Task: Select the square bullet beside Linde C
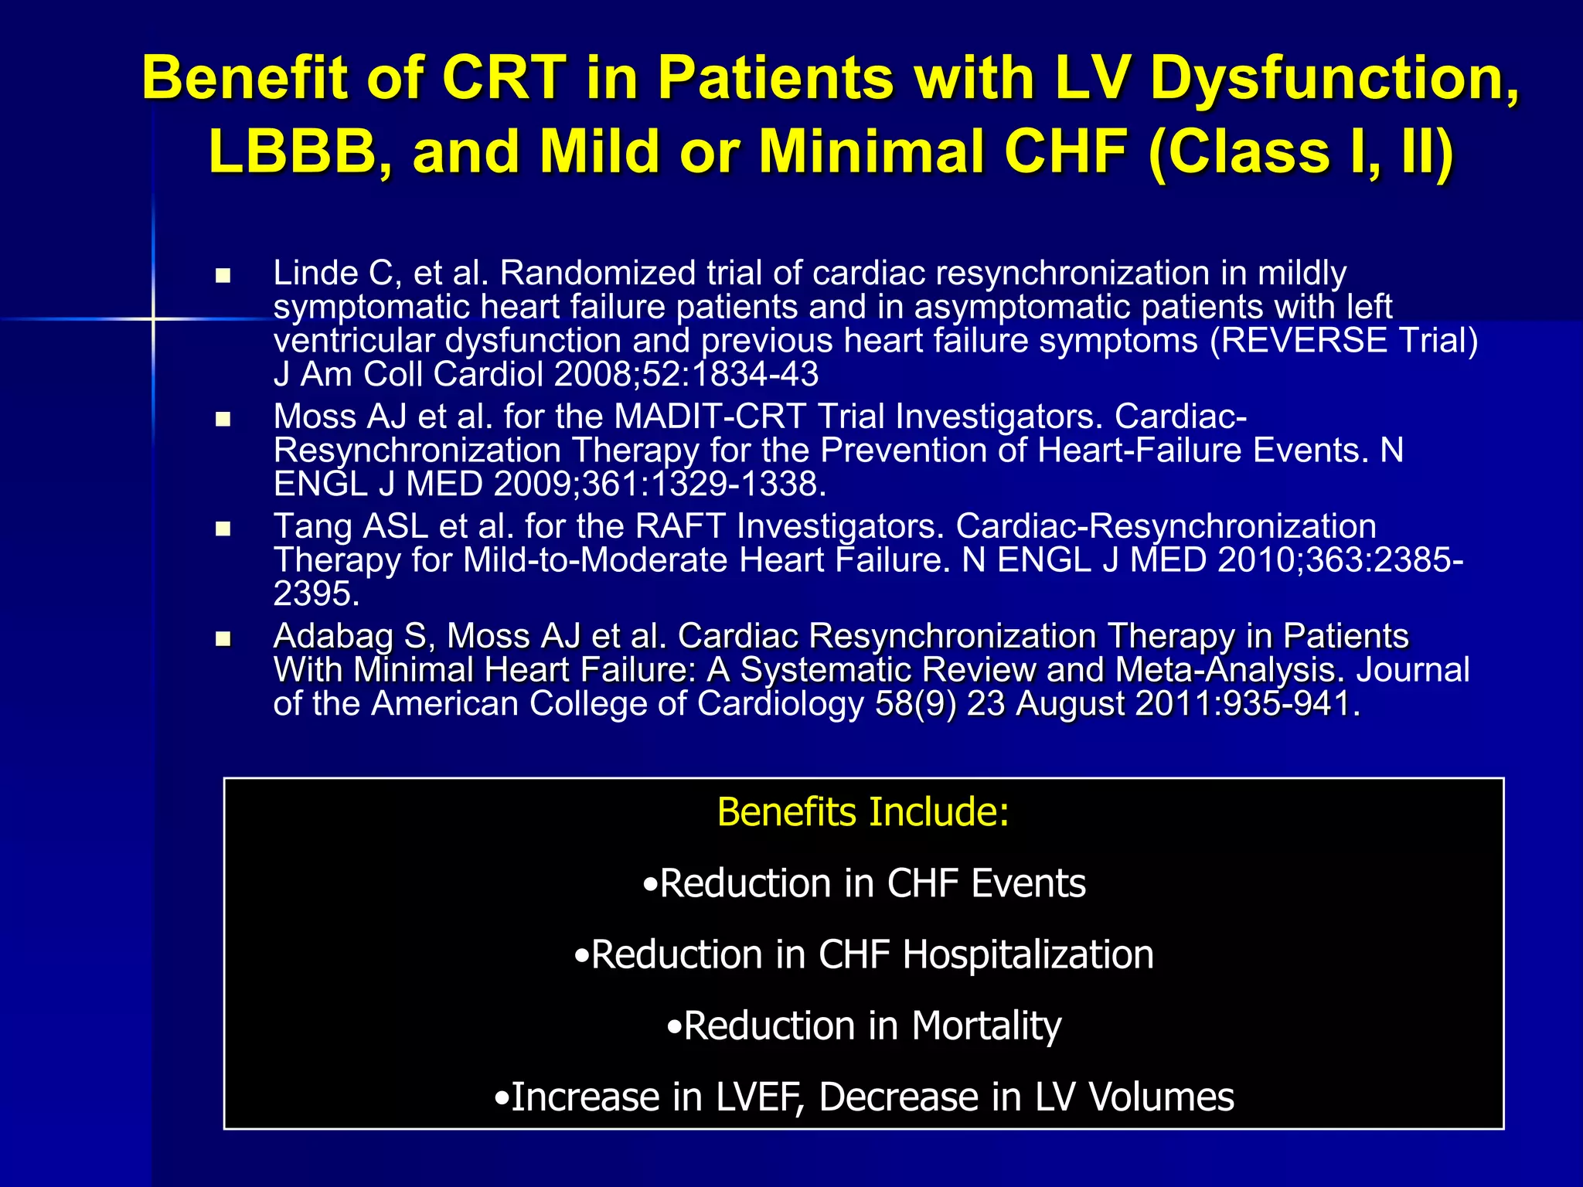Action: [x=223, y=276]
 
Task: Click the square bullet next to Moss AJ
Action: [x=223, y=420]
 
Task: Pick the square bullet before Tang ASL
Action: [x=223, y=529]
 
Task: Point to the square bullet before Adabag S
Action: [x=223, y=639]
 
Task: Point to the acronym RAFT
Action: [x=680, y=527]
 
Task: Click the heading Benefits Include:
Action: [x=863, y=812]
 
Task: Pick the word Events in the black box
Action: [x=1028, y=883]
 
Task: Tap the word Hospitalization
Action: [x=1028, y=955]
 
